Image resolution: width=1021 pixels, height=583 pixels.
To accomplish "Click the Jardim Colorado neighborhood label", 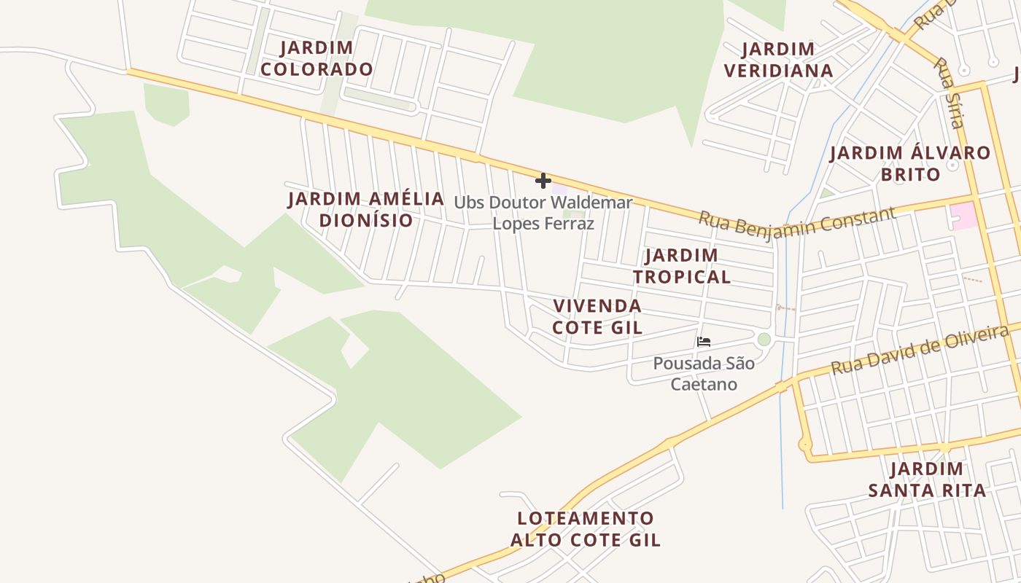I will tap(317, 58).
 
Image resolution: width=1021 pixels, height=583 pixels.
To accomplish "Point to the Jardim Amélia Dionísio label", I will tap(366, 209).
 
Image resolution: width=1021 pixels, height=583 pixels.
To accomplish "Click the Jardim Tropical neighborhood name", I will tap(681, 266).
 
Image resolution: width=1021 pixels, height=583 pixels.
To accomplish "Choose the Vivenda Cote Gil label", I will tap(597, 316).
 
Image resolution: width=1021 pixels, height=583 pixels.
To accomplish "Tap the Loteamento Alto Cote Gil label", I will tap(586, 529).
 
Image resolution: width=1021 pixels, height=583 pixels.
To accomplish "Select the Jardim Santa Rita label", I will tap(927, 479).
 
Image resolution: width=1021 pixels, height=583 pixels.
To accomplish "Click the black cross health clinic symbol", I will tap(543, 181).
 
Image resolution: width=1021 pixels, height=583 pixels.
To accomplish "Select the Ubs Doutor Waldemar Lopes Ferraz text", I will tap(543, 213).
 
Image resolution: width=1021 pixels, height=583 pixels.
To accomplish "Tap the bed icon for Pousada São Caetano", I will tap(704, 341).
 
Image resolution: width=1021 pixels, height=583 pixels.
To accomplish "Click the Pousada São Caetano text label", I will tap(704, 373).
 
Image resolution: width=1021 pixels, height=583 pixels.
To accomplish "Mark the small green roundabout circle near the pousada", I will tap(764, 339).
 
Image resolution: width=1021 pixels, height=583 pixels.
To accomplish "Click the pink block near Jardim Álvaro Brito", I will tap(963, 216).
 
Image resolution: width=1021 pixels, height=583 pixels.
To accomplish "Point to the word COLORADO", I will tap(317, 69).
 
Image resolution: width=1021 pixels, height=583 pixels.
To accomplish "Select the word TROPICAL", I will tap(681, 277).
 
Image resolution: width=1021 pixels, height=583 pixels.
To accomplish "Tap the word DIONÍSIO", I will tap(366, 220).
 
